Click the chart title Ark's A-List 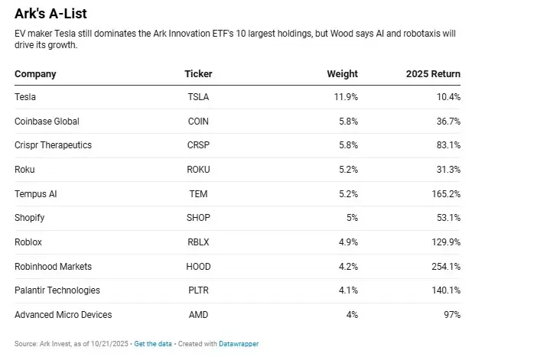50,14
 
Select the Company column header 35,74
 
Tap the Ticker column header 198,74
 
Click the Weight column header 342,74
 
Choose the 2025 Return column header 433,74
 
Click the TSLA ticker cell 198,97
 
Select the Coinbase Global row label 47,122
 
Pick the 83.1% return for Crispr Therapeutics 447,145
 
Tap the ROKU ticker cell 198,170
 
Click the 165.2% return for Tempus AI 444,194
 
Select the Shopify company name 30,218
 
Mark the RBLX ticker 198,242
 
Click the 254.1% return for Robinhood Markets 444,267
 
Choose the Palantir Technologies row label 57,290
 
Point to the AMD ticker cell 198,315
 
